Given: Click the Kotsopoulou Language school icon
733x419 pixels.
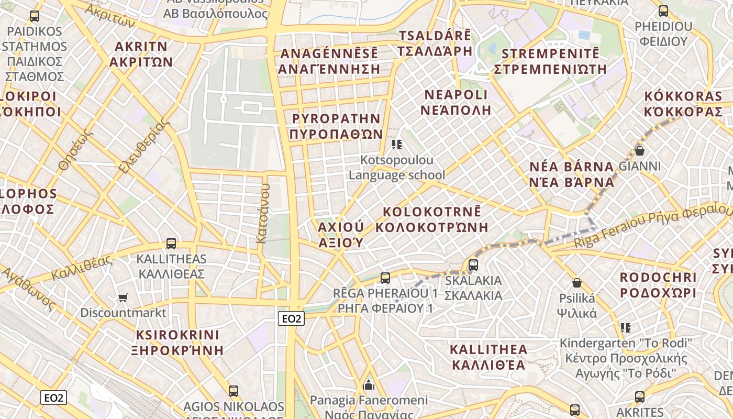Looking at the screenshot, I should [397, 145].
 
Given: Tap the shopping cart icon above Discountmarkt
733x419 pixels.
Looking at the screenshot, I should [123, 297].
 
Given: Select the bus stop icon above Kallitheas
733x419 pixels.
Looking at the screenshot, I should [171, 243].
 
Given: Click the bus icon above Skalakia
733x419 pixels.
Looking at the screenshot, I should [473, 264].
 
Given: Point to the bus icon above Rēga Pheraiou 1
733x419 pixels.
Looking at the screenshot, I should [385, 278].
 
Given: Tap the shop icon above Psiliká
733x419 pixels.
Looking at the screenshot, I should [577, 283].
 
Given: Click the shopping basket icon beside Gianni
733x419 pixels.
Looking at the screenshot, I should [639, 151].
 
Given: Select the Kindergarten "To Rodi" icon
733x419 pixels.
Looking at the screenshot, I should [625, 328].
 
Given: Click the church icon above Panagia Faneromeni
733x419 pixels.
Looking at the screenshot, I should [369, 385].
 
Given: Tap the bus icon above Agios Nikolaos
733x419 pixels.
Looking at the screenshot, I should [234, 391].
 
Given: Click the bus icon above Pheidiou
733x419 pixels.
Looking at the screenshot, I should [663, 10].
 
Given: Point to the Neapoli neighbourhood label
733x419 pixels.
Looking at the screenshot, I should [456, 102].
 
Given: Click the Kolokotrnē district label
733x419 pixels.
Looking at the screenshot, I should [432, 219].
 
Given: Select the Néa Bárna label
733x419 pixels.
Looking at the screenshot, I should [571, 174].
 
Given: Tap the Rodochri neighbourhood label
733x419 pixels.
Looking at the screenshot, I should [658, 285].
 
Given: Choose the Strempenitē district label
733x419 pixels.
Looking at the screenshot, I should [550, 61].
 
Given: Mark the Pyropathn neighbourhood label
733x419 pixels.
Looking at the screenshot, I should [336, 126].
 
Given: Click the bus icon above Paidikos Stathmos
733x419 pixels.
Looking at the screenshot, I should [35, 16].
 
